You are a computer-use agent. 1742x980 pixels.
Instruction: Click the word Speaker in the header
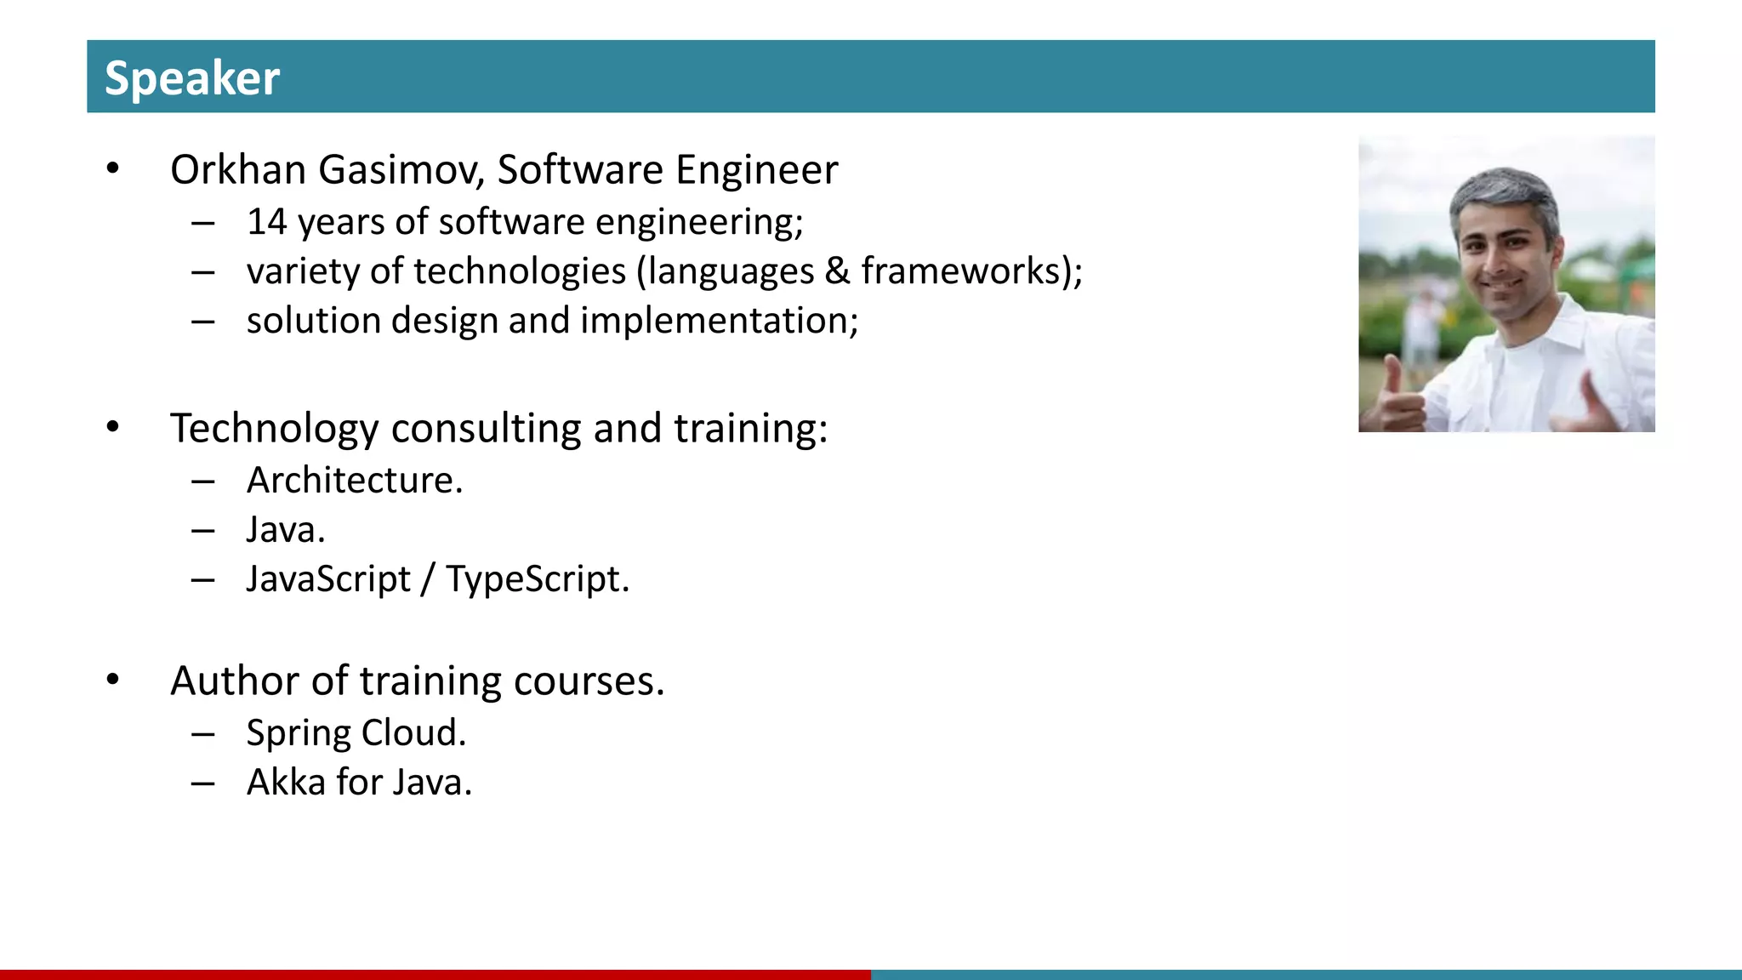191,78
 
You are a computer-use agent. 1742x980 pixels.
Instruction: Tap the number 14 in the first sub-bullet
266,222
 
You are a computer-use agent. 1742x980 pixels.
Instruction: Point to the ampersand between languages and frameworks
837,271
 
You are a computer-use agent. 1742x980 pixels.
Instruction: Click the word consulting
486,428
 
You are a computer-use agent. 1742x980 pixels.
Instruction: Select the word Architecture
353,481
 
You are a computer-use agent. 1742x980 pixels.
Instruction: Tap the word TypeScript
536,579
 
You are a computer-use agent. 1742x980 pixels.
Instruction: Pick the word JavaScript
328,579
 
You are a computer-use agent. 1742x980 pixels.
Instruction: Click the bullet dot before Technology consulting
113,427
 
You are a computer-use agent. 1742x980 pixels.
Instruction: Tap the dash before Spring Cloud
202,733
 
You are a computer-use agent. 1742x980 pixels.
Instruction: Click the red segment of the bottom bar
435,974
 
